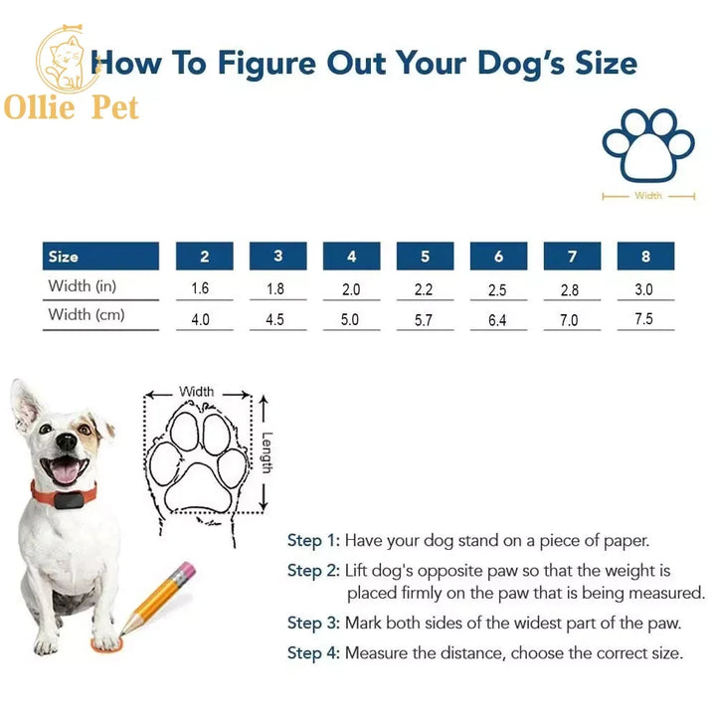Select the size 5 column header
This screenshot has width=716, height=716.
click(x=425, y=257)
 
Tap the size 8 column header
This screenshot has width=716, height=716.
click(x=645, y=257)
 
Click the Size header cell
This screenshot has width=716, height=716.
click(x=100, y=257)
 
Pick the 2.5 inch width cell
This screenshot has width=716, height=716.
click(x=498, y=289)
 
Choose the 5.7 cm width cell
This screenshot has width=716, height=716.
click(x=425, y=320)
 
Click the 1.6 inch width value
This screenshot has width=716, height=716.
click(x=204, y=289)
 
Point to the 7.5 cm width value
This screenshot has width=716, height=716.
click(x=645, y=320)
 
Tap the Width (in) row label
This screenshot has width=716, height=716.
click(x=83, y=286)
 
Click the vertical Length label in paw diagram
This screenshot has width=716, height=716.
click(x=268, y=451)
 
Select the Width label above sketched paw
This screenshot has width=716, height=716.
click(x=196, y=392)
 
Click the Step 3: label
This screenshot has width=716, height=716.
click(x=313, y=624)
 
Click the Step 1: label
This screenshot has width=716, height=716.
click(x=313, y=541)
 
